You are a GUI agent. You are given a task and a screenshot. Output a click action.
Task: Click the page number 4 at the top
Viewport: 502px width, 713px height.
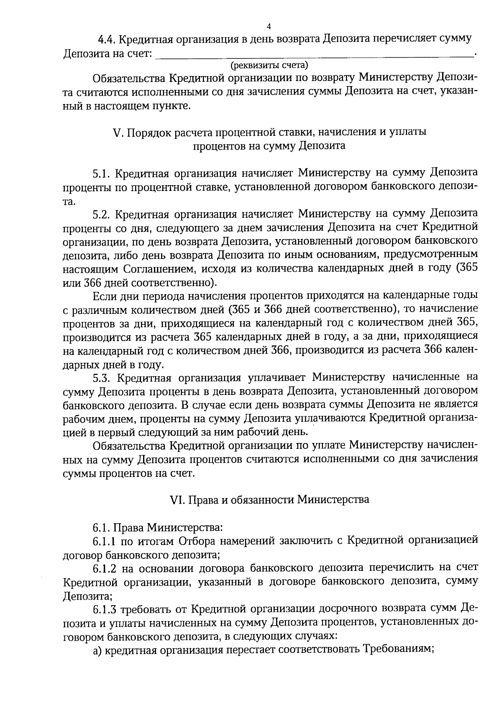269,27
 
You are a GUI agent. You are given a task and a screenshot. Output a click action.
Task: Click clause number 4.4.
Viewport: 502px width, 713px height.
107,40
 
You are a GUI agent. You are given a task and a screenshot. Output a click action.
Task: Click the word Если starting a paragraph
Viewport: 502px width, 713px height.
103,296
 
